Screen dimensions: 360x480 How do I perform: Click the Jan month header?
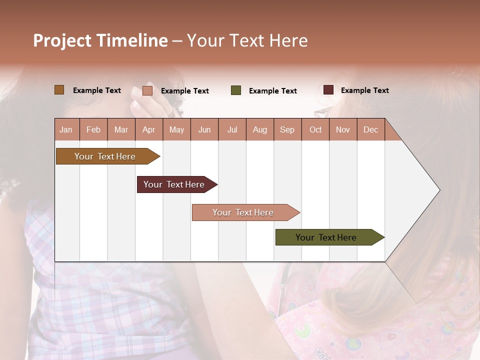click(x=66, y=129)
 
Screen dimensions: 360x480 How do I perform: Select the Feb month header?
click(x=93, y=129)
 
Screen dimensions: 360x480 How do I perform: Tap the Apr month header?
click(x=149, y=129)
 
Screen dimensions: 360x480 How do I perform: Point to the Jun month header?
click(x=204, y=129)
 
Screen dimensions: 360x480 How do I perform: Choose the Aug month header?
click(x=260, y=129)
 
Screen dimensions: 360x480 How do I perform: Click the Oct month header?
click(x=315, y=129)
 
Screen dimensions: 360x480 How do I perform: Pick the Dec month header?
click(x=371, y=129)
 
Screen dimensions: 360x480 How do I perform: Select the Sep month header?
click(x=287, y=129)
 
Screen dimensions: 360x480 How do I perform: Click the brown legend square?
click(x=59, y=90)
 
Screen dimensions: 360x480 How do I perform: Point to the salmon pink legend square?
click(x=147, y=90)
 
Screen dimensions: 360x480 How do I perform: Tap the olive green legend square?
click(x=236, y=90)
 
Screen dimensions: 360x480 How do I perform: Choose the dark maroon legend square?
click(x=328, y=90)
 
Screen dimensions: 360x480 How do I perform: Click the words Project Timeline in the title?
click(x=100, y=40)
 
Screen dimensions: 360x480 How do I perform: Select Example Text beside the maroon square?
click(x=364, y=90)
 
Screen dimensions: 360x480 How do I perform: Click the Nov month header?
click(x=343, y=129)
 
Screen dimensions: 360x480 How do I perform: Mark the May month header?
click(x=176, y=129)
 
